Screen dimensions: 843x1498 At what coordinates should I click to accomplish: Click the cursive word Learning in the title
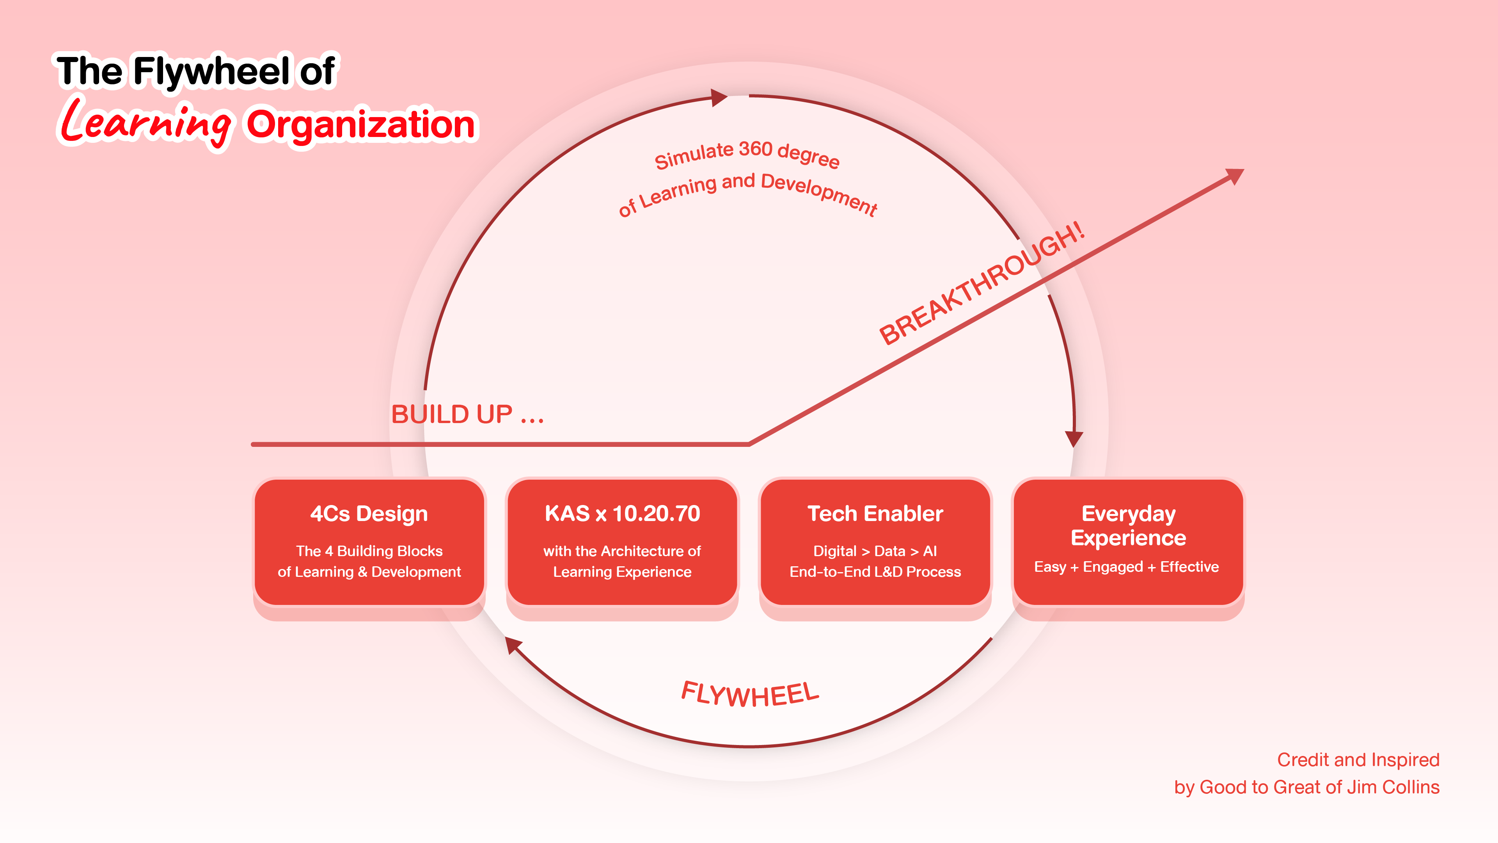pyautogui.click(x=146, y=122)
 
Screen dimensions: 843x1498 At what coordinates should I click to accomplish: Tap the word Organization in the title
pyautogui.click(x=360, y=124)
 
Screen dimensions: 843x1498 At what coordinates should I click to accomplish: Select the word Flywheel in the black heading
pyautogui.click(x=212, y=71)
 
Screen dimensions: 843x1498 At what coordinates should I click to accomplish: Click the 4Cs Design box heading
pyautogui.click(x=369, y=514)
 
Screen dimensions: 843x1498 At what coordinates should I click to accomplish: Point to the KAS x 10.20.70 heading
pyautogui.click(x=622, y=514)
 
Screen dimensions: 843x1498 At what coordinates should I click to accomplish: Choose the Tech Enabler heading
pyautogui.click(x=875, y=514)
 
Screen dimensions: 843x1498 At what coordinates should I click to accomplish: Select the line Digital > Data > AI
pyautogui.click(x=875, y=551)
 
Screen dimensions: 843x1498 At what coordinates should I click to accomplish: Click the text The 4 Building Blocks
pyautogui.click(x=369, y=551)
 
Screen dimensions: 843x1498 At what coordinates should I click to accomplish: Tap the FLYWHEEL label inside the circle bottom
pyautogui.click(x=750, y=694)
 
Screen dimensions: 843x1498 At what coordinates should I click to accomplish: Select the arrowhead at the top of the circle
pyautogui.click(x=719, y=97)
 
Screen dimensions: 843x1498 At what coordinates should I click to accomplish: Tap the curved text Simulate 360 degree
pyautogui.click(x=747, y=154)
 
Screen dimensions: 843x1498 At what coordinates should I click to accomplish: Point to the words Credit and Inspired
pyautogui.click(x=1358, y=760)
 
